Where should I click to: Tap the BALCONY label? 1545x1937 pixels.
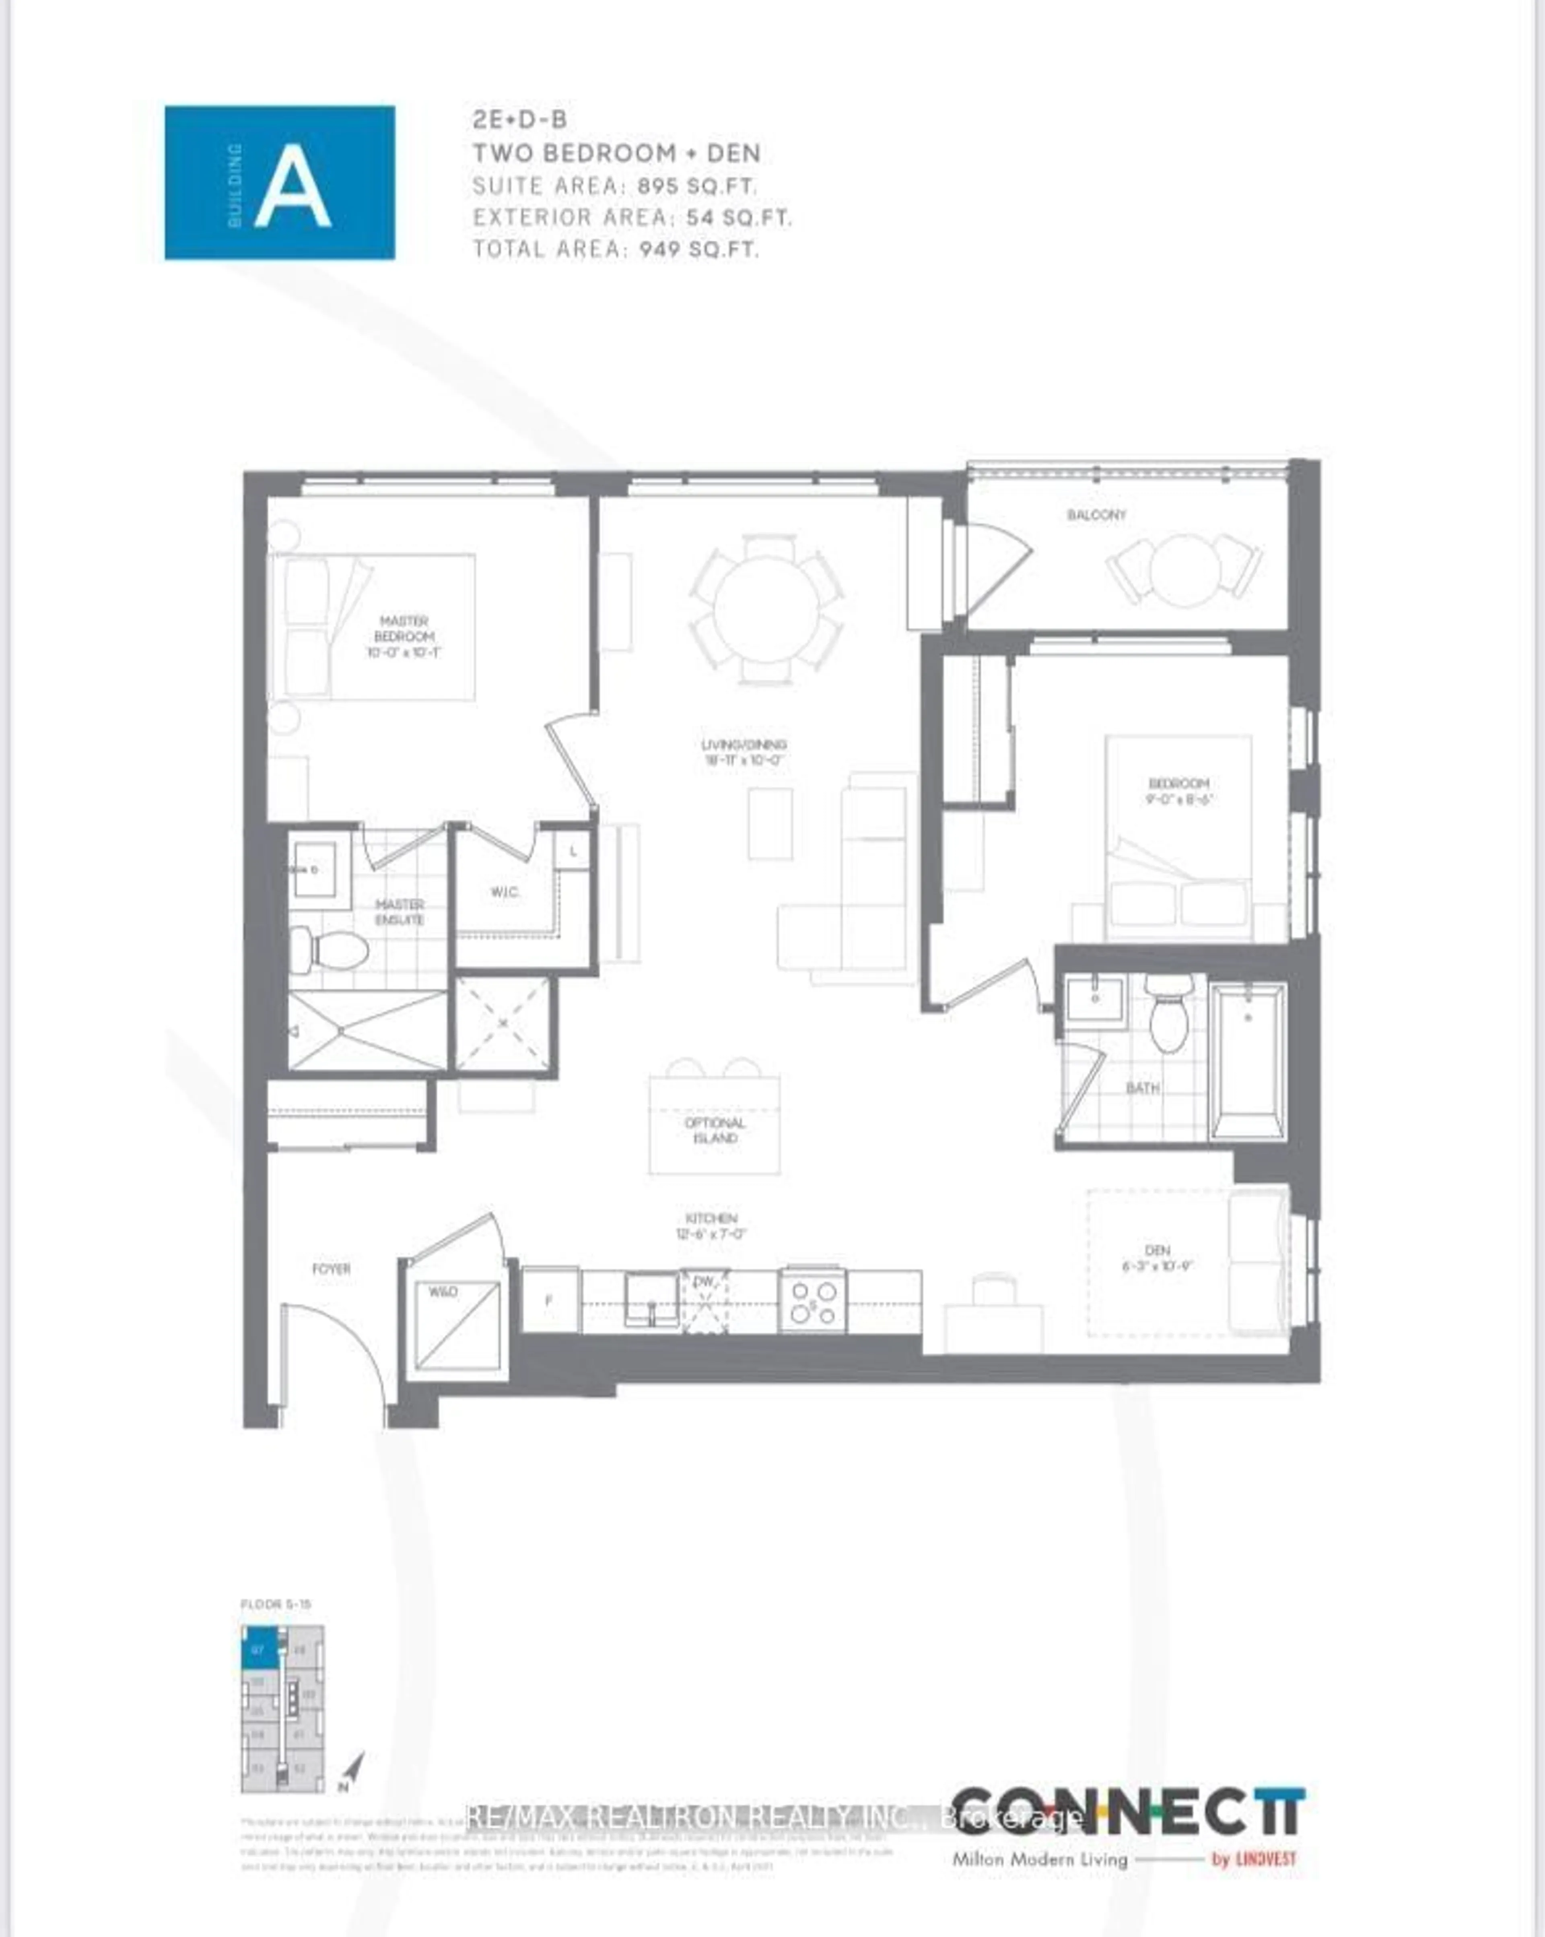(x=1096, y=515)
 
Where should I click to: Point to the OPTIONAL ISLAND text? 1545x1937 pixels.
(x=715, y=1130)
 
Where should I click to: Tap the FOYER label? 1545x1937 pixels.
(x=331, y=1269)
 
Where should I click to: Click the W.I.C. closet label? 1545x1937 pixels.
(x=505, y=892)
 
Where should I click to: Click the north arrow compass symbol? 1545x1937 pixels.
(x=352, y=1771)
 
